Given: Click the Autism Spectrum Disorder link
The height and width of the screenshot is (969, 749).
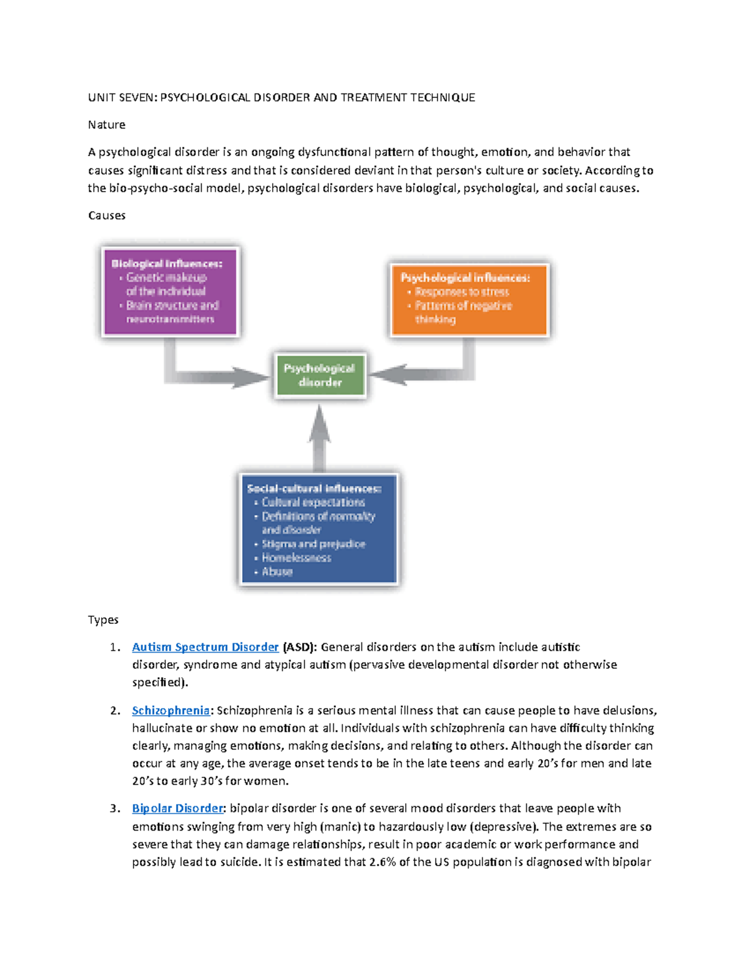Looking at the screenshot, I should (205, 647).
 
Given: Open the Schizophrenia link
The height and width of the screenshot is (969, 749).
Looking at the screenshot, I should (170, 710).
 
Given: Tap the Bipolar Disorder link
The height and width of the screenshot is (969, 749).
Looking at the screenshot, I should (177, 808).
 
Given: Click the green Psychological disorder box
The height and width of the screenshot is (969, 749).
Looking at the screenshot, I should (320, 376).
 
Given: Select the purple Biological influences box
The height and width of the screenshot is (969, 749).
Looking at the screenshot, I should (170, 291).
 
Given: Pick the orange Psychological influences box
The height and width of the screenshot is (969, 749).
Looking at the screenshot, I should (469, 300).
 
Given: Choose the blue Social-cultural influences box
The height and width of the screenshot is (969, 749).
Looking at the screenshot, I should (318, 529).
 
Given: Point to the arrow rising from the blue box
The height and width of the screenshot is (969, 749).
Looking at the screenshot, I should (319, 437).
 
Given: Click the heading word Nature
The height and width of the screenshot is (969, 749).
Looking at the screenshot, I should (106, 125).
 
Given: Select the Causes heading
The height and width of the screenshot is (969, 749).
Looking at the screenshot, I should (107, 215).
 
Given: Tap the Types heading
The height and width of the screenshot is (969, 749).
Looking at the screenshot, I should (103, 620).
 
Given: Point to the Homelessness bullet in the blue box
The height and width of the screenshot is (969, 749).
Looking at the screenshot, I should (296, 558).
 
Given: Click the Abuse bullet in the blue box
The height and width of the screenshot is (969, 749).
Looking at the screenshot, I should (277, 572).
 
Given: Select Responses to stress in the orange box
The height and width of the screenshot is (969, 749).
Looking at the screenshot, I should (462, 292).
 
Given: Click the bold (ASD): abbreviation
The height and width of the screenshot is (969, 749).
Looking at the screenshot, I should (300, 647).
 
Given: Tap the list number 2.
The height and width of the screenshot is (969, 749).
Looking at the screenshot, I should (115, 710).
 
